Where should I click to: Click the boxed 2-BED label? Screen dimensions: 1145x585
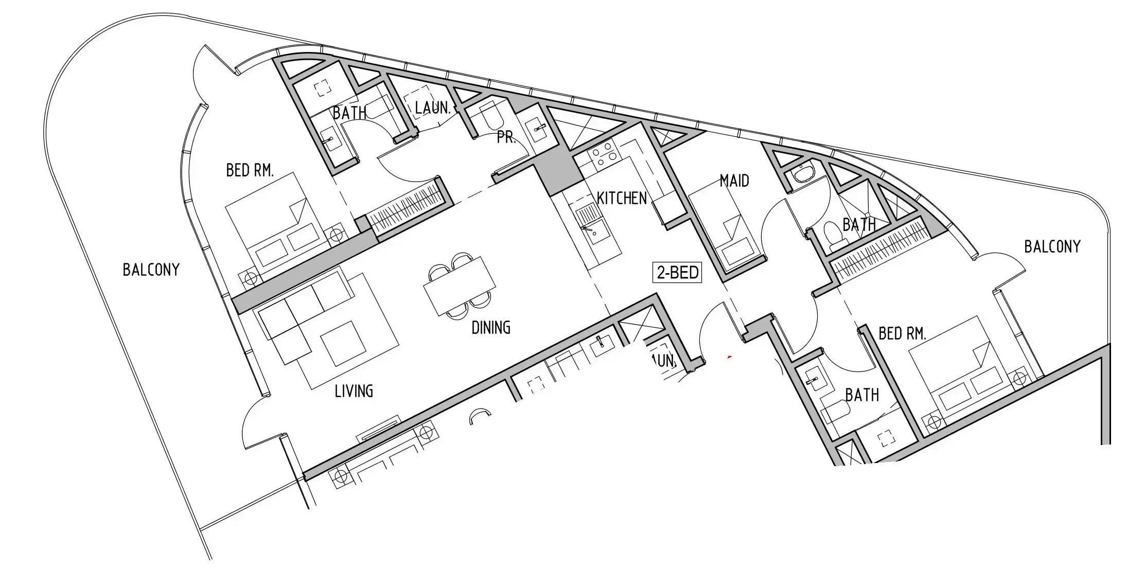tap(677, 272)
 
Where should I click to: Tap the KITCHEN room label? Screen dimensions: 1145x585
tap(622, 198)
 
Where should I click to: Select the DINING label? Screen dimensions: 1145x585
tap(491, 328)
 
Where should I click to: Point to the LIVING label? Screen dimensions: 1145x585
tap(354, 392)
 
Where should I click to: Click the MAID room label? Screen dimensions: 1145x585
tap(734, 181)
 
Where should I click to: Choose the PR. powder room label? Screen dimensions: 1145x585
tap(506, 137)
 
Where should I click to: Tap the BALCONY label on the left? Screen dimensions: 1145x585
tap(151, 270)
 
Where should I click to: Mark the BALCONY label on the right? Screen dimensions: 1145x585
tap(1052, 247)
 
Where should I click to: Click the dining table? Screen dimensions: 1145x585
tap(460, 286)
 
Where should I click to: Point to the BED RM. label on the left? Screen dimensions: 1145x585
tap(250, 170)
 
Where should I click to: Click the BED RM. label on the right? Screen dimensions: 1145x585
tap(902, 334)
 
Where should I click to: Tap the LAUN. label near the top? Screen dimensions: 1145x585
tap(433, 108)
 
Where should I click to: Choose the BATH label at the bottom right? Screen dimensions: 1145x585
tap(862, 395)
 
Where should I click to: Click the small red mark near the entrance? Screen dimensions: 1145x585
tap(729, 356)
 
